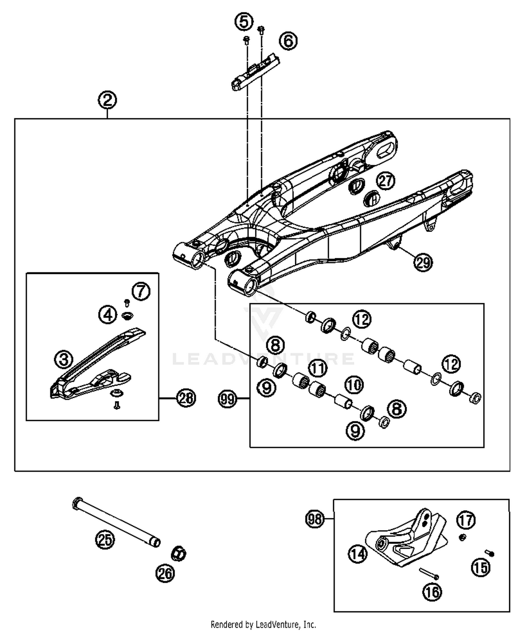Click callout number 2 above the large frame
(107, 100)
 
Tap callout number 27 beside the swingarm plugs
(386, 181)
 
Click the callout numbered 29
(423, 262)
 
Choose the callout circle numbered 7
(141, 291)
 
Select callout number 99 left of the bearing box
(227, 399)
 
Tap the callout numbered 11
(318, 368)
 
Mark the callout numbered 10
(354, 385)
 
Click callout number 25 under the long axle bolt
(105, 539)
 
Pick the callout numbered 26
(165, 573)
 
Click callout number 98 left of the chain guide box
(314, 519)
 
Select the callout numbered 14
(358, 554)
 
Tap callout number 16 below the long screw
(432, 592)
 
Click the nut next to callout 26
(178, 553)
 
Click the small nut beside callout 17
(463, 537)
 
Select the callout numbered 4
(108, 314)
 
